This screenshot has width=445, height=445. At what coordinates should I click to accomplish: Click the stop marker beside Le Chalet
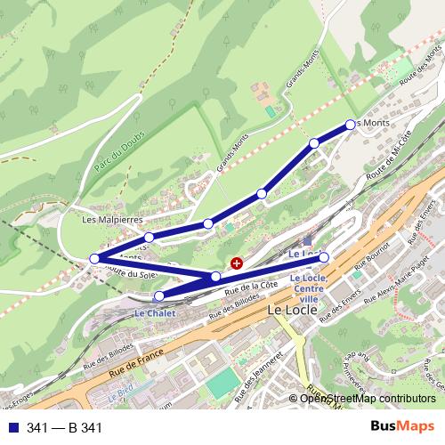click(159, 296)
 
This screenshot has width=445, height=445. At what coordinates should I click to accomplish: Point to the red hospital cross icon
click(237, 263)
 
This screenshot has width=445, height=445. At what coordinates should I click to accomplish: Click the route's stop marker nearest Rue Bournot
click(324, 257)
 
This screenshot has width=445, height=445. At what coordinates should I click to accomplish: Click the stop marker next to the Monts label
click(350, 125)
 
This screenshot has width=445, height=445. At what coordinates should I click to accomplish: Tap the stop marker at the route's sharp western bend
click(94, 259)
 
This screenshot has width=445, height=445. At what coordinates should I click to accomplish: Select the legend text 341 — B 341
click(65, 428)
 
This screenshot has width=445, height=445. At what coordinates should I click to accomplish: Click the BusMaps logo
click(402, 427)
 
